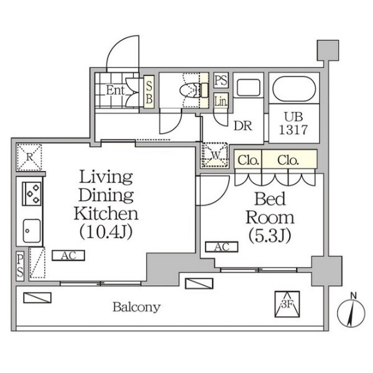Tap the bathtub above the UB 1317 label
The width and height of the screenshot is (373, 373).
click(x=294, y=89)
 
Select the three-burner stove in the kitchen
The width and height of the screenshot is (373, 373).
click(x=32, y=193)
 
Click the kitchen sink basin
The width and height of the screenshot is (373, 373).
click(x=32, y=231)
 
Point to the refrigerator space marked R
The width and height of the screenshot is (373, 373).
click(x=29, y=157)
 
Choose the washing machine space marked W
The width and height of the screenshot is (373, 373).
click(x=215, y=155)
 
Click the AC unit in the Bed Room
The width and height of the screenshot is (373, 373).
click(x=222, y=247)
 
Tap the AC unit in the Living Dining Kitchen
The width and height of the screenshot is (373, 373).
click(x=68, y=256)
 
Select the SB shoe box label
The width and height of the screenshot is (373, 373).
click(x=149, y=92)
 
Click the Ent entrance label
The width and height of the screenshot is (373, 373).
click(x=115, y=90)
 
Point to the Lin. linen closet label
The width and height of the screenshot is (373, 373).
click(x=221, y=101)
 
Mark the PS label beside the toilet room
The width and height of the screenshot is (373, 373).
click(x=221, y=80)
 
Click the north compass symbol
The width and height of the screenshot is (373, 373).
click(x=351, y=313)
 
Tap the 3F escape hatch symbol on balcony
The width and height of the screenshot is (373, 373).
click(x=287, y=304)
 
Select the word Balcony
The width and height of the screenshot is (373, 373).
click(x=137, y=307)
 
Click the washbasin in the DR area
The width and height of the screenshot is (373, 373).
click(x=248, y=88)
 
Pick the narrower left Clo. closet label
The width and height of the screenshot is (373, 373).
click(x=248, y=160)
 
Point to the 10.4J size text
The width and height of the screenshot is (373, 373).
click(x=106, y=232)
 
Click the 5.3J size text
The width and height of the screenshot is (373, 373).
click(x=270, y=236)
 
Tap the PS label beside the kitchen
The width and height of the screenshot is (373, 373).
click(x=21, y=265)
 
